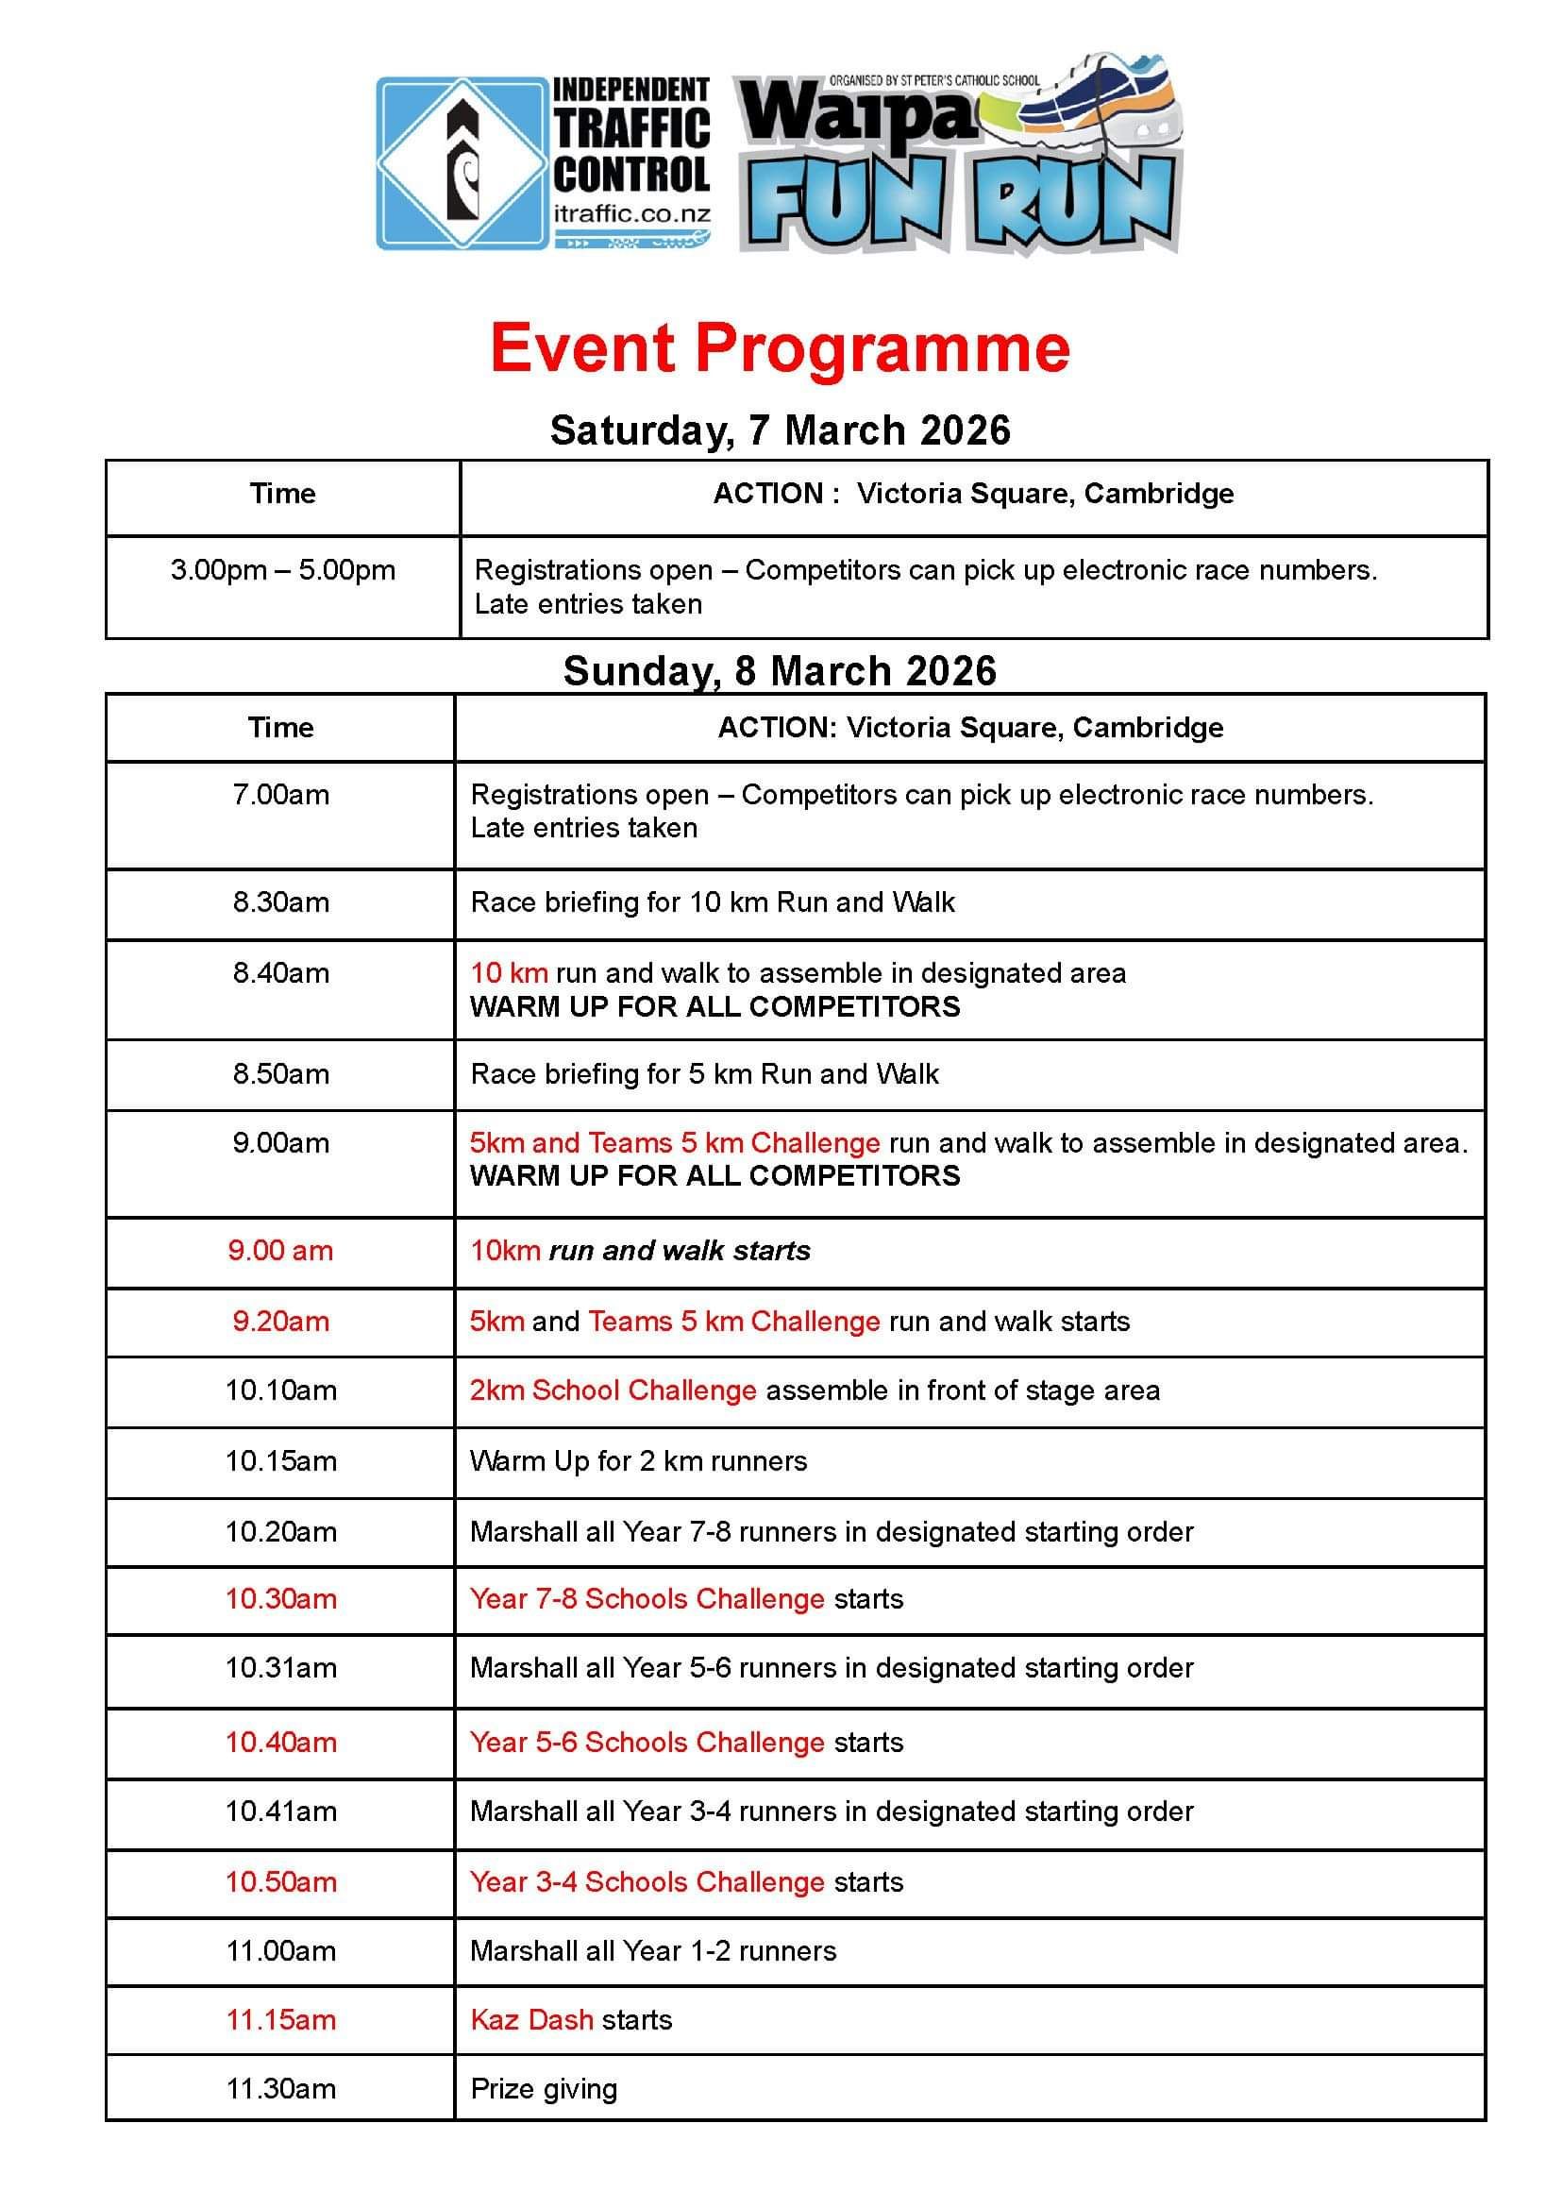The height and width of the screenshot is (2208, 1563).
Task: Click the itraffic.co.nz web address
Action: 631,213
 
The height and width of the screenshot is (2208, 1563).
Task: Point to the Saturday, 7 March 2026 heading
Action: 780,430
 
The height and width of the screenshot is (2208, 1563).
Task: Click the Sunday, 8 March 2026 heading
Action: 780,671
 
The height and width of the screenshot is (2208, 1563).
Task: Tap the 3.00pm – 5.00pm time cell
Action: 283,570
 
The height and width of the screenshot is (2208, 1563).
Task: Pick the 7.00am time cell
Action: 281,795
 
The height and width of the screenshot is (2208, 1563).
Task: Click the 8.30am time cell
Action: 281,902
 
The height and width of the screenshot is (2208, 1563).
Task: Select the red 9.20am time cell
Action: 281,1322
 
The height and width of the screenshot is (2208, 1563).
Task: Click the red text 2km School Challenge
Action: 613,1391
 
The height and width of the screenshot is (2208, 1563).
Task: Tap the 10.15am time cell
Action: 281,1461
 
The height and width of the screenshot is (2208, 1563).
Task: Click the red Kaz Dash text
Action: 531,2019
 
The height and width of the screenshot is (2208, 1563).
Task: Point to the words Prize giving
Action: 544,2089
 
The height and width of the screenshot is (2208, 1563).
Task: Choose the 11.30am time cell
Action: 281,2089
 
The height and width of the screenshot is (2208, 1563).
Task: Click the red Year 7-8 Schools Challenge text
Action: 647,1599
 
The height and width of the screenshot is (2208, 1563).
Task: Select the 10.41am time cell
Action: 281,1812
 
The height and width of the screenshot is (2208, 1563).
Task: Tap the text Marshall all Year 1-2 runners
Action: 652,1951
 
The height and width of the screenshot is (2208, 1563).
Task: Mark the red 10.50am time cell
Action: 281,1881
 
